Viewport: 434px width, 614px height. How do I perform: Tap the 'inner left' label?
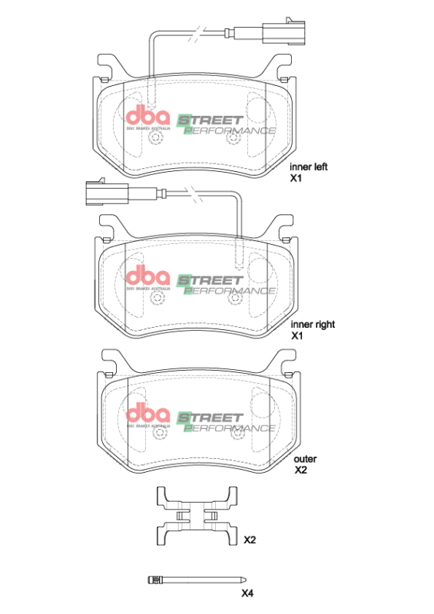308,166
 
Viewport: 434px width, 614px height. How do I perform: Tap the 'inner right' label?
313,325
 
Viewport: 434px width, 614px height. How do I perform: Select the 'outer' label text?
305,459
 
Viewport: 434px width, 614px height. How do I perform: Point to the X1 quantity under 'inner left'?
297,177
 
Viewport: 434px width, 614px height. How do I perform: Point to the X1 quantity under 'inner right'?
297,336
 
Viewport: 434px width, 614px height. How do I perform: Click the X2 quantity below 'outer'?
301,470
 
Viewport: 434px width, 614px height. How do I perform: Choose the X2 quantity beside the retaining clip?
250,540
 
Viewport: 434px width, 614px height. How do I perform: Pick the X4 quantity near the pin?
247,593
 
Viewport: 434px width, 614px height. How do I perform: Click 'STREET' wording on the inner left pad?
211,120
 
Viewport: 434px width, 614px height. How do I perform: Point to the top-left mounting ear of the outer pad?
111,358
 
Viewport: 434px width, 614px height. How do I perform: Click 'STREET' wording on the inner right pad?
211,279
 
